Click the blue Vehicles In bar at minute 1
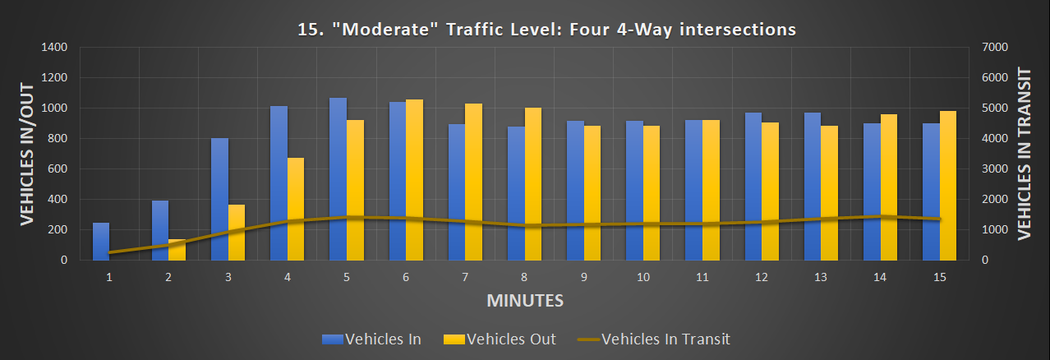pyautogui.click(x=100, y=241)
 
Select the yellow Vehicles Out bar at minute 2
pyautogui.click(x=177, y=250)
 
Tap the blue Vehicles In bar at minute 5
pyautogui.click(x=338, y=179)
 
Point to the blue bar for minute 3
pyautogui.click(x=219, y=199)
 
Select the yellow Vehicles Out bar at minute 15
pyautogui.click(x=948, y=186)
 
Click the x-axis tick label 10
pyautogui.click(x=642, y=278)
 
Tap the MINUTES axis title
pyautogui.click(x=525, y=300)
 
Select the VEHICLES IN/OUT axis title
pyautogui.click(x=26, y=154)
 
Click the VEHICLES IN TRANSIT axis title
pyautogui.click(x=1024, y=154)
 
